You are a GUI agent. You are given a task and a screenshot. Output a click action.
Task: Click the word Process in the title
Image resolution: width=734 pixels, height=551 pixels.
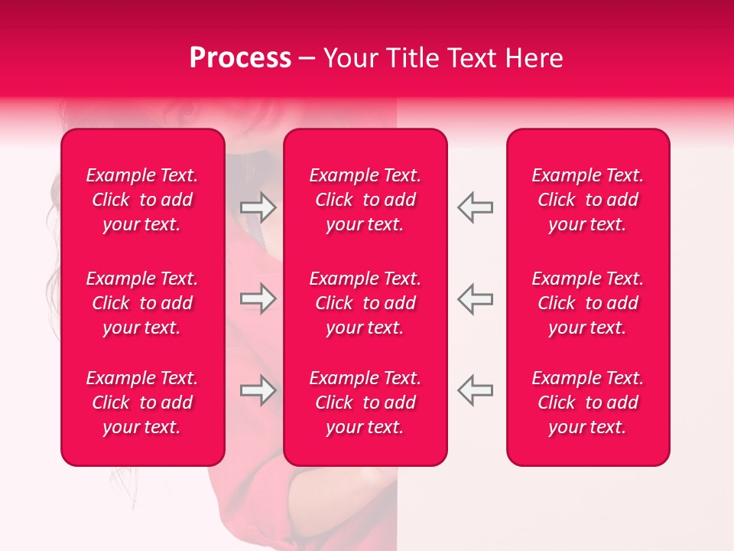240,58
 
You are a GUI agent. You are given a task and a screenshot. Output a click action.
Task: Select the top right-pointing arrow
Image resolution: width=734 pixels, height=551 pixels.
258,207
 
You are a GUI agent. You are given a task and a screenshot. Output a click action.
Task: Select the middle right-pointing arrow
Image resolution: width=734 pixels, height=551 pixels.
258,299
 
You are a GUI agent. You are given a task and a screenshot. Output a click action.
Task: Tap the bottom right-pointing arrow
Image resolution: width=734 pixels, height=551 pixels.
258,390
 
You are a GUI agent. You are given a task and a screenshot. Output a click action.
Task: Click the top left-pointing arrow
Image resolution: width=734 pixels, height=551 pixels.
475,207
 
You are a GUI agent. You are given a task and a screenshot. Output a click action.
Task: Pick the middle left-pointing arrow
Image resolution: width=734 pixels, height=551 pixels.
475,299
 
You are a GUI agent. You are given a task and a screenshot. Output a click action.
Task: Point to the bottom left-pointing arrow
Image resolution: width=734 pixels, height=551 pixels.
475,390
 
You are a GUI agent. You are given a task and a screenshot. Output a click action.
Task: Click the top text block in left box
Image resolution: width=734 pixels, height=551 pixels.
142,200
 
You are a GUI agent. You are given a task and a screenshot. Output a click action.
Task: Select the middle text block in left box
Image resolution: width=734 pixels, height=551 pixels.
142,303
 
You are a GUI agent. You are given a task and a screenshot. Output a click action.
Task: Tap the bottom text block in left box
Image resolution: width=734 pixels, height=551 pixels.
142,403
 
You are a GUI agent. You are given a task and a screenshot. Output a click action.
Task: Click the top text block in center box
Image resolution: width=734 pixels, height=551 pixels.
365,200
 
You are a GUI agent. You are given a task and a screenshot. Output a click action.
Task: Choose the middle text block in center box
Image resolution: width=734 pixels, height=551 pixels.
365,303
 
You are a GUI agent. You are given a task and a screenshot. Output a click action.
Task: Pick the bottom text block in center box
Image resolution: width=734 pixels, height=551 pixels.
365,403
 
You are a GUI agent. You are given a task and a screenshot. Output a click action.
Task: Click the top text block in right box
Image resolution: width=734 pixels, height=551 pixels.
588,200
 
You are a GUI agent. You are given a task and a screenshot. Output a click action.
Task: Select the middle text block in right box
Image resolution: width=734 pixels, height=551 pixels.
588,303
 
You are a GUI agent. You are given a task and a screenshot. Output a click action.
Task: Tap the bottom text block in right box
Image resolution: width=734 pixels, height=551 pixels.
588,403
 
